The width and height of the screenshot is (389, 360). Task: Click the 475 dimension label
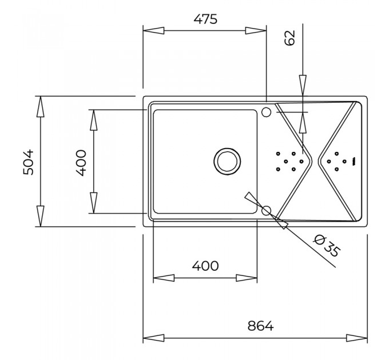pos(205,19)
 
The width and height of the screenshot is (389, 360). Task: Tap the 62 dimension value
pos(290,38)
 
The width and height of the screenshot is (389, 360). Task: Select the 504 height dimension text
pos(28,162)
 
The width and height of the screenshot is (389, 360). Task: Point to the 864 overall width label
pos(260,326)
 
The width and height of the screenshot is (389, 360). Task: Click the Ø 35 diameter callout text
pos(326,246)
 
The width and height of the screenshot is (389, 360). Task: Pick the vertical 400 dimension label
pos(81,162)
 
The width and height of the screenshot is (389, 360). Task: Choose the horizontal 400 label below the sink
pos(205,266)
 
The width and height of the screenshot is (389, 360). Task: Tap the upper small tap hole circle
pos(267,112)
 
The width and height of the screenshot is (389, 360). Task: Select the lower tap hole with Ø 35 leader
pos(267,211)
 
